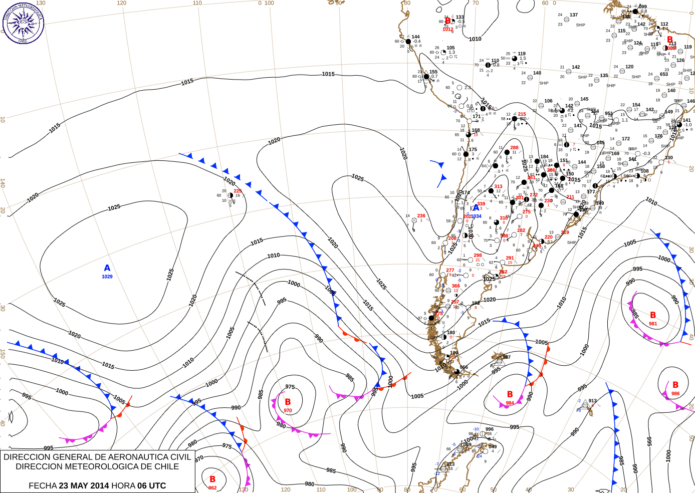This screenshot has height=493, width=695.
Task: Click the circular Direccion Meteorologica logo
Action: (23, 23)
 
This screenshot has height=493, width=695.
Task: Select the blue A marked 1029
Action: (107, 268)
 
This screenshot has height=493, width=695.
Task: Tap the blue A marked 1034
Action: (475, 208)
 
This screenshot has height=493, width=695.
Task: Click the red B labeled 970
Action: (288, 402)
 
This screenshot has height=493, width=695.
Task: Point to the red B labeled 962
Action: (212, 479)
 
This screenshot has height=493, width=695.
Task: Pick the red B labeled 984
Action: (510, 394)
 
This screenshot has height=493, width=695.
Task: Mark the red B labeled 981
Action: (652, 315)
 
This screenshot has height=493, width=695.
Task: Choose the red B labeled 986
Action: (675, 385)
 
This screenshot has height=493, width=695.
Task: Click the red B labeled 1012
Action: (448, 22)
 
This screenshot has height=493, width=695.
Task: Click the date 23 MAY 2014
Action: (84, 485)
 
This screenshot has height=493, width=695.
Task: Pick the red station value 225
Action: (238, 191)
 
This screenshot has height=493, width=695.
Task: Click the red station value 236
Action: (421, 216)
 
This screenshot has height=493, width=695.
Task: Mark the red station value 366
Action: (455, 286)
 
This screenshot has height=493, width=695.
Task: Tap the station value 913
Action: (593, 401)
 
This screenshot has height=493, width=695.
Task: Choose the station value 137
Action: (574, 15)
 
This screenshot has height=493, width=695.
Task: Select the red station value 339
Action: (481, 204)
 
